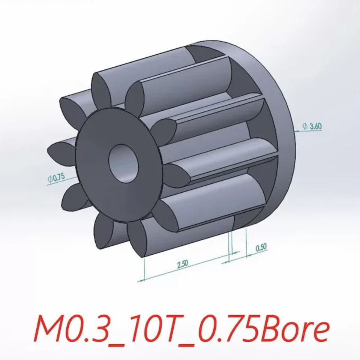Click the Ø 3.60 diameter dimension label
(x=311, y=126)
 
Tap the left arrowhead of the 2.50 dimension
(x=140, y=280)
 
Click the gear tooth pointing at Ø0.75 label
(x=71, y=195)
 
